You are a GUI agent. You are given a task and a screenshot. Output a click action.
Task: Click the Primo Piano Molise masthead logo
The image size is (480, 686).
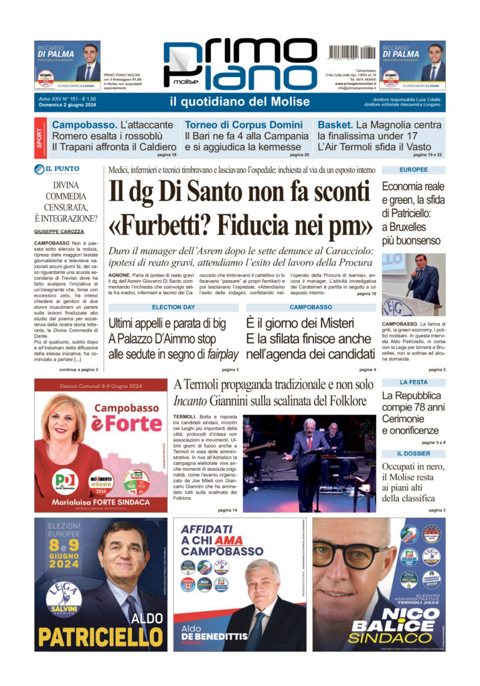click(x=240, y=66)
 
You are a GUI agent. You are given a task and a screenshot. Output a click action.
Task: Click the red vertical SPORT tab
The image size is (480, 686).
click(x=40, y=137)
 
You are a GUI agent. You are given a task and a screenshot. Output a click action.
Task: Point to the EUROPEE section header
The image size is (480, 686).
click(x=413, y=170)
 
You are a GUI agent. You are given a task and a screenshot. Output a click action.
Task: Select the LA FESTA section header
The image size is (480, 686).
click(x=413, y=382)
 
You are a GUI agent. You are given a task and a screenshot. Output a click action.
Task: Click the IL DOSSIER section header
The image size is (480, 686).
click(x=413, y=454)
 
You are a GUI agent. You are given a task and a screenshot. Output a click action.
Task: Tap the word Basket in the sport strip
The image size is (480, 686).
click(x=334, y=125)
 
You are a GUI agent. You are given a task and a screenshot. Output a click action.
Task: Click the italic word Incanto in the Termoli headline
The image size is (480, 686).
click(x=191, y=401)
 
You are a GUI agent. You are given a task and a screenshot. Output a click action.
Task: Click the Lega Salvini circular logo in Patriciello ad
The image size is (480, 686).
click(x=64, y=597)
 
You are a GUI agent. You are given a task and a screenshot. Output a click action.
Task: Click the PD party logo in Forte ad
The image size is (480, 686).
click(x=66, y=480)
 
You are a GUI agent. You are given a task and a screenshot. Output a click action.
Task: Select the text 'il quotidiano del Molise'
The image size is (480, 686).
click(x=240, y=102)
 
